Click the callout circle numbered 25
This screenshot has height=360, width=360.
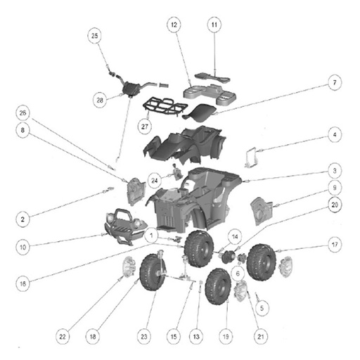94,36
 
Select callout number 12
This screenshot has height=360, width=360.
174,25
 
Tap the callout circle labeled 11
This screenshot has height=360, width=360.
214,25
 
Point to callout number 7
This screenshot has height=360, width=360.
335,82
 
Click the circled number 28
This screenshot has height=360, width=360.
100,100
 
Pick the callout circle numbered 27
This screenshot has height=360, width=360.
145,127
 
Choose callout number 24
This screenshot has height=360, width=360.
155,181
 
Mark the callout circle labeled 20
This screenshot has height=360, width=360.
335,205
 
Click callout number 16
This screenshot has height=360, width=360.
22,284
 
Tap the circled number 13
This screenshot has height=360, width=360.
196,337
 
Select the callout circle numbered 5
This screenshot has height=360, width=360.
262,308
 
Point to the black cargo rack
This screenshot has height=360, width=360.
164,108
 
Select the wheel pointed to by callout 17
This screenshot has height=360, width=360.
262,262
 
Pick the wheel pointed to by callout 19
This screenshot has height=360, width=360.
218,287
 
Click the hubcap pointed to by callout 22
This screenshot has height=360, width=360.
129,267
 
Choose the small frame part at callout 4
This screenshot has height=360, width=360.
251,157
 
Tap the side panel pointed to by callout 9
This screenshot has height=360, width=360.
262,211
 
